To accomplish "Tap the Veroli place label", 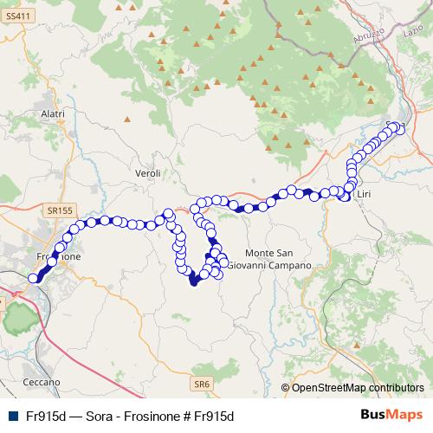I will point(148,174).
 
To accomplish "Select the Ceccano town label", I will point(42,381).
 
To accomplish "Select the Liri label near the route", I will point(363,196).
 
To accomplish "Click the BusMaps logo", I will point(397,415).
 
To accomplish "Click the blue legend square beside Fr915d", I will point(12,416).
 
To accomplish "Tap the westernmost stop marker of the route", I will point(34,278).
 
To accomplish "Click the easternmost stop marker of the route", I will point(400,128).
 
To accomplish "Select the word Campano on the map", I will point(291,263).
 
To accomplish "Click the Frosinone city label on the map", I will point(59,258).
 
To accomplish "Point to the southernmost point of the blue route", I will point(193,284).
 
